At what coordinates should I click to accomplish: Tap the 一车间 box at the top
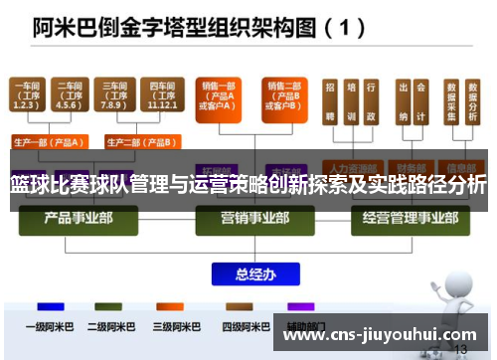click(x=27, y=96)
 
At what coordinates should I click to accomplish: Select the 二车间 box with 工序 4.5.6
click(x=70, y=96)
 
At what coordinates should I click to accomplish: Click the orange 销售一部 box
click(x=218, y=97)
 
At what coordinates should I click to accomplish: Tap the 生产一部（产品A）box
click(x=48, y=142)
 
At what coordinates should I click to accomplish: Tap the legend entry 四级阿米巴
click(x=246, y=326)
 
